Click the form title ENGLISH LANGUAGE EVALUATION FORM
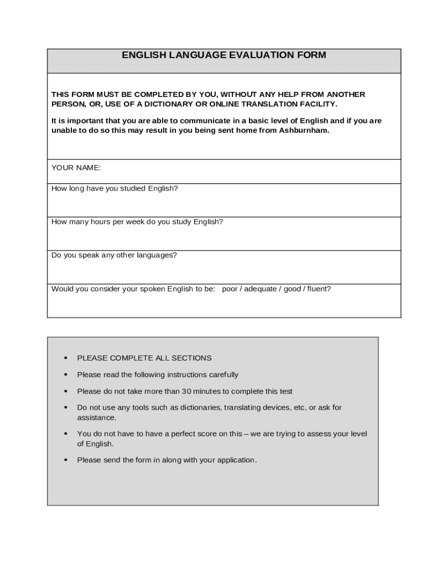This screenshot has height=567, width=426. pos(224,55)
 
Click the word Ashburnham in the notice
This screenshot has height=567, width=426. pos(304,131)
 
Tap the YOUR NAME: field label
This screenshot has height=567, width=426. pos(76,168)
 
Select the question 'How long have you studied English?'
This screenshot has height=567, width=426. pos(115,188)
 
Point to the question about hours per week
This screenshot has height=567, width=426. pos(137,222)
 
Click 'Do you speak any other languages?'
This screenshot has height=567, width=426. pos(114,255)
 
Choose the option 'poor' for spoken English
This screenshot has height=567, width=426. pos(230,289)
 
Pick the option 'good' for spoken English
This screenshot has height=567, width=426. pos(292,289)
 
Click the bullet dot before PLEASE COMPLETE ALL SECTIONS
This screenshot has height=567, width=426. pos(66,358)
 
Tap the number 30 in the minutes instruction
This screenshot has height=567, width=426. pos(186,391)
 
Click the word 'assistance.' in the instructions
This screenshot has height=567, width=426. pos(97,417)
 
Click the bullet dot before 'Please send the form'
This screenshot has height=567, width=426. pos(66,460)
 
